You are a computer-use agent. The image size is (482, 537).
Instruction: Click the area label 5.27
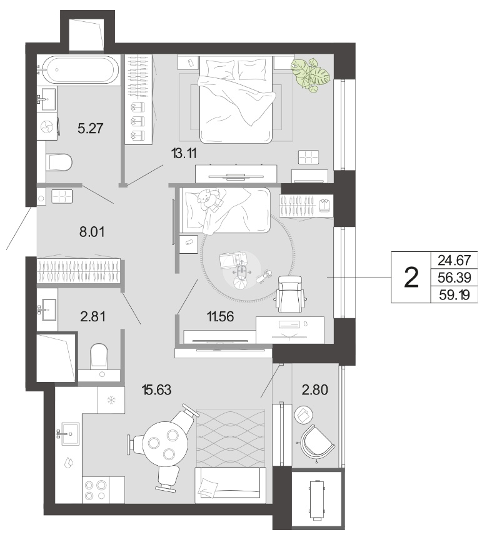[91, 128]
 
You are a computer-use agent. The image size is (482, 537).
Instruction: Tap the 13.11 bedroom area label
[184, 154]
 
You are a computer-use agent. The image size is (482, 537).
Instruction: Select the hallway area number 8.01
[92, 232]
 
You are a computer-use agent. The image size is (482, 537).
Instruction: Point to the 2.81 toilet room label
[93, 316]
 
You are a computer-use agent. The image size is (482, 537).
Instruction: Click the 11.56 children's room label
[220, 316]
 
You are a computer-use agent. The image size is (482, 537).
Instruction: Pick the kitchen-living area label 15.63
[156, 389]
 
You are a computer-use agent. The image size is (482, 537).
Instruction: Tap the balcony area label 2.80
[315, 389]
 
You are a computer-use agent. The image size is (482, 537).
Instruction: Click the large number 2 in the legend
[411, 278]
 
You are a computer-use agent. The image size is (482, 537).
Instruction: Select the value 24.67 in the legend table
[454, 260]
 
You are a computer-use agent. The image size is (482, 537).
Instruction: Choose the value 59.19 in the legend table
[454, 294]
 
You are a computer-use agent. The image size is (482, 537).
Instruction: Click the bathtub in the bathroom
[78, 70]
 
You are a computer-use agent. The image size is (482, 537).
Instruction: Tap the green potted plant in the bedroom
[310, 75]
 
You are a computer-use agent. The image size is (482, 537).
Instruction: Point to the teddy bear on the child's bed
[208, 199]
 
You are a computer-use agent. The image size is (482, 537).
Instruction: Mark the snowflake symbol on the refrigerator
[111, 399]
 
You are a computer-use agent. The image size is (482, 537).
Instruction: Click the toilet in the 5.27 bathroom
[59, 163]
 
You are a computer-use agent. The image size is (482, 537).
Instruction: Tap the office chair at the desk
[290, 294]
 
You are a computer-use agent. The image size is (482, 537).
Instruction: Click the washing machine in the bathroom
[48, 127]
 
